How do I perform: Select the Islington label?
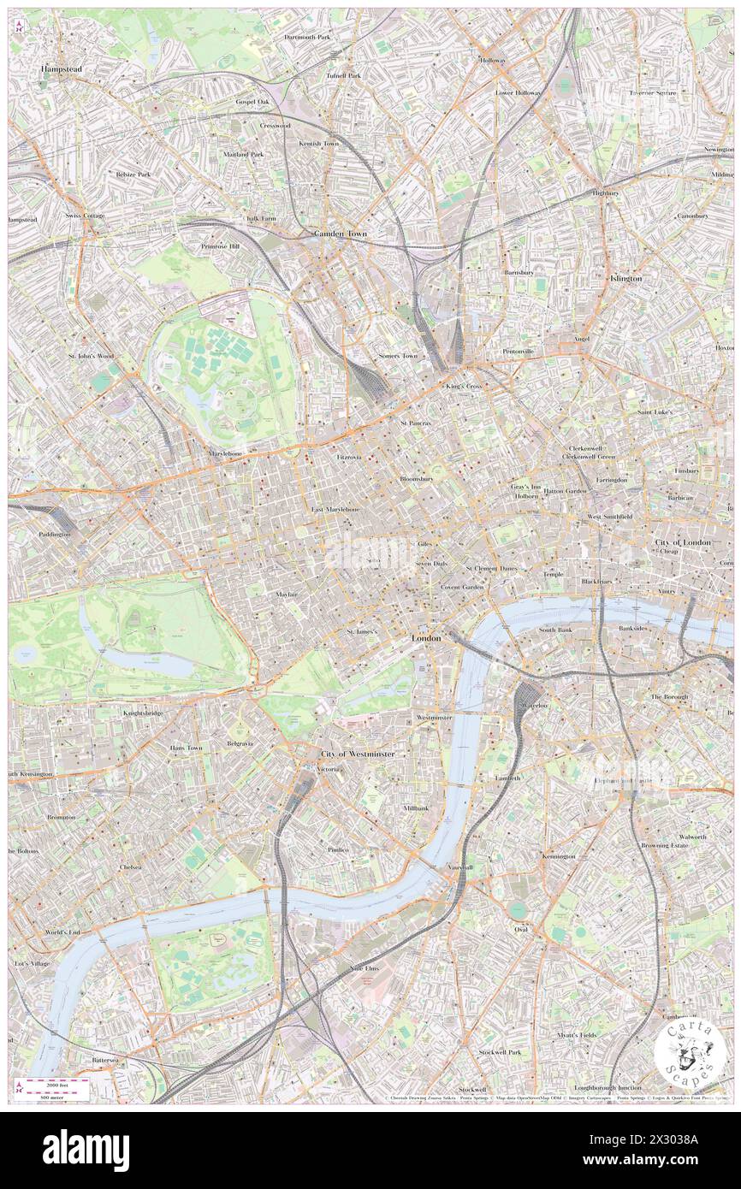tap(625, 279)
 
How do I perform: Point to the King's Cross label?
tap(465, 387)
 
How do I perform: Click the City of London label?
tap(683, 542)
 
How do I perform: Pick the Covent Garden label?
tap(462, 588)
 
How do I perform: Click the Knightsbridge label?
tap(144, 713)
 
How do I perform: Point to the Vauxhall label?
tap(459, 867)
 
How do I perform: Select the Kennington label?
tap(558, 856)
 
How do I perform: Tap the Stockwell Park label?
tap(500, 1051)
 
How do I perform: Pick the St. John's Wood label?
tap(92, 355)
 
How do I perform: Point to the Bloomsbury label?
tap(417, 479)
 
